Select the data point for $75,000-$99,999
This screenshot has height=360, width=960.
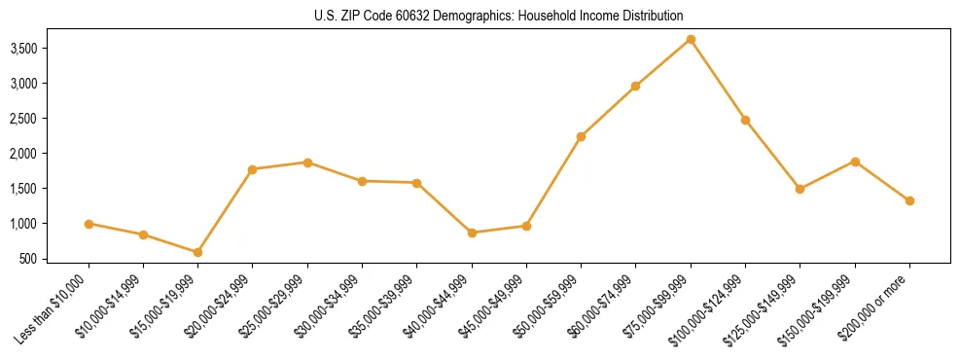tap(691, 39)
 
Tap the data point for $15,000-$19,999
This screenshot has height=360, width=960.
tap(197, 252)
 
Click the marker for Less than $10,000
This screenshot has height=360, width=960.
tap(89, 224)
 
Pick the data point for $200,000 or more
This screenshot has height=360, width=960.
tap(909, 200)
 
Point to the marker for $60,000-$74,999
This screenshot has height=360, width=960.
tap(635, 86)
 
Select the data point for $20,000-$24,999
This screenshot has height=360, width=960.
tap(252, 169)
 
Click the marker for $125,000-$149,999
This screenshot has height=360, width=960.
tap(800, 189)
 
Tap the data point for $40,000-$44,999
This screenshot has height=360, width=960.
tap(472, 233)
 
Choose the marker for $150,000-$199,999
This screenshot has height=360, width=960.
tap(855, 162)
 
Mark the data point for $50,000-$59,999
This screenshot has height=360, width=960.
tap(581, 136)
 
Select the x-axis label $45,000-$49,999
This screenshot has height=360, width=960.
tap(494, 310)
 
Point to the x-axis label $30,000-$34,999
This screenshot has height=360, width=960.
tap(330, 310)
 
